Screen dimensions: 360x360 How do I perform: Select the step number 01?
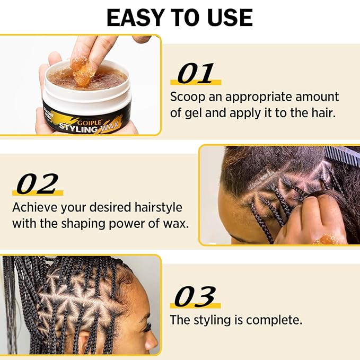[195, 75]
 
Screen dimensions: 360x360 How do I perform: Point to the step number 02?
[37, 185]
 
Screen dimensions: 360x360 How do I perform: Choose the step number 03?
[195, 297]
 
